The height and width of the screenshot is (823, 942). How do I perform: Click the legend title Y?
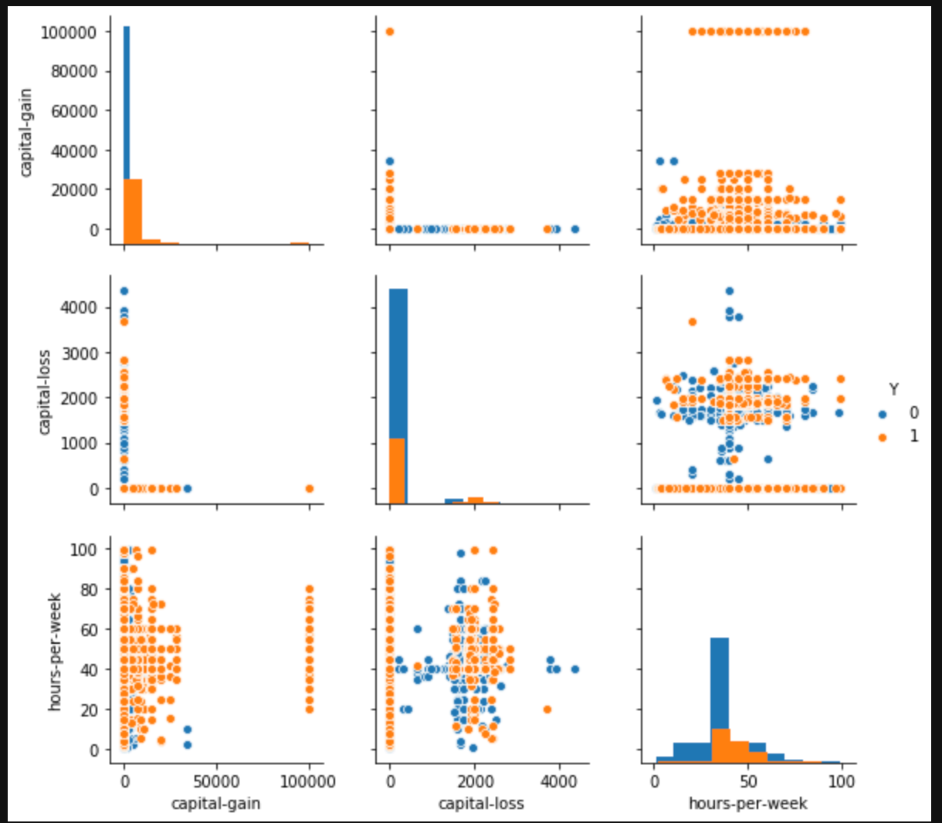tap(893, 389)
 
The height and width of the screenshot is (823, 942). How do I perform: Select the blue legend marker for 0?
tap(883, 414)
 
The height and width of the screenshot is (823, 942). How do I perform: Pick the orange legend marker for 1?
tap(883, 437)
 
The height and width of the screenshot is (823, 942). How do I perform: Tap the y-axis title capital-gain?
tap(25, 133)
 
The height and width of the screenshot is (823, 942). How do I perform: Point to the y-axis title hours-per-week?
tap(55, 652)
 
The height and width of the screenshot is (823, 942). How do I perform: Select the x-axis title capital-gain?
tap(215, 804)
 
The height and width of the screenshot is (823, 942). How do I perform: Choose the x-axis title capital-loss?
tap(481, 804)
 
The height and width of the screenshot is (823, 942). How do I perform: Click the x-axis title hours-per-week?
tap(747, 804)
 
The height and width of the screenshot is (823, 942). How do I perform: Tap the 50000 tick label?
tap(217, 781)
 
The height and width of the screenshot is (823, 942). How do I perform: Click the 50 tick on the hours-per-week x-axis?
tap(747, 781)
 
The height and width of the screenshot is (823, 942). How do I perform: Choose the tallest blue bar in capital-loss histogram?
tap(398, 363)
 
